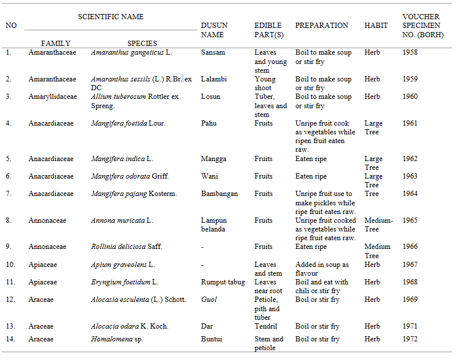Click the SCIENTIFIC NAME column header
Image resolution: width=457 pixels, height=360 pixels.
coord(111,17)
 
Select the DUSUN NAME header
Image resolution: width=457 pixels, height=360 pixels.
coord(214,30)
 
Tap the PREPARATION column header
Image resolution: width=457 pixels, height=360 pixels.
coord(322,26)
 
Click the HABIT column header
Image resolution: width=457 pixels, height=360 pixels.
coord(375,26)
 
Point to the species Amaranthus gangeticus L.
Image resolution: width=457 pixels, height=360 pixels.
coord(132,52)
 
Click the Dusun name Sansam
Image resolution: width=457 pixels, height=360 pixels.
coord(213,52)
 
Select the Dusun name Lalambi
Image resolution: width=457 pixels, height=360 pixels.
coord(214,79)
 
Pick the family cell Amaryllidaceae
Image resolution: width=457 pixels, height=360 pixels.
coord(52,97)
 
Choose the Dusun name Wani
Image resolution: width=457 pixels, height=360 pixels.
coord(209,176)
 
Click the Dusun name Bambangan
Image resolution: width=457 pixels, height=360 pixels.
coord(219,194)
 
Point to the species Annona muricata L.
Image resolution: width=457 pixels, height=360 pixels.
coord(122,220)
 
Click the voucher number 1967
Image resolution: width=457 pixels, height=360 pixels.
coord(410,265)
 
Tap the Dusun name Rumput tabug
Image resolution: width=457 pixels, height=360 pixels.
coord(223,282)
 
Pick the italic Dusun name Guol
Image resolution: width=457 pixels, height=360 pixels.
coord(208,300)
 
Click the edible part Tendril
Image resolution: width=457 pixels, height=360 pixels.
coord(265,326)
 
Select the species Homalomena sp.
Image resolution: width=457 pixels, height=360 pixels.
coord(117,339)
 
